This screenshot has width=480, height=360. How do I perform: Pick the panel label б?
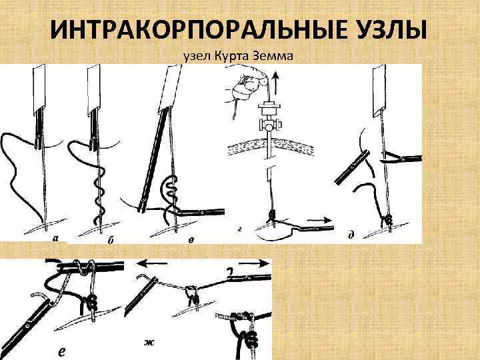[x=109, y=241]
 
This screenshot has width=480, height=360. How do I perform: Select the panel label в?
[x=191, y=241]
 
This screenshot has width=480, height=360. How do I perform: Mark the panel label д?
[x=351, y=235]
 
